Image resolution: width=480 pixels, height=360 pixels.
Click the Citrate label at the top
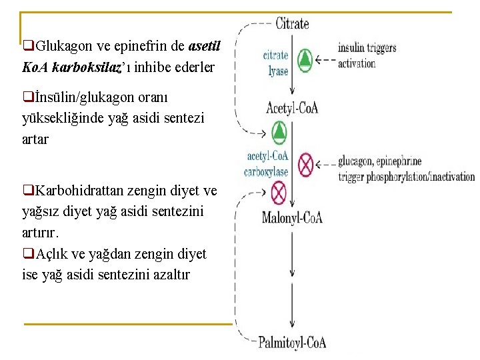coord(292,23)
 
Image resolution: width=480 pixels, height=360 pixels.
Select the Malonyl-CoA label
coord(293,217)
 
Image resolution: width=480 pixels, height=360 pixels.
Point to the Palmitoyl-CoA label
coord(292,343)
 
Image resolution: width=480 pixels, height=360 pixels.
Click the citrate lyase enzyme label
coord(276,63)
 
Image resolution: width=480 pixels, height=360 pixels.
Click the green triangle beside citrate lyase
coord(305,61)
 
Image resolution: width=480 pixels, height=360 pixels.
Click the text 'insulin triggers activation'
coord(366,55)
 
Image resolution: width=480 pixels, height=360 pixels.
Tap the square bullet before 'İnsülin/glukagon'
coord(27,97)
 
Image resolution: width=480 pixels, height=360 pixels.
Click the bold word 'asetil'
coord(204,47)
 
